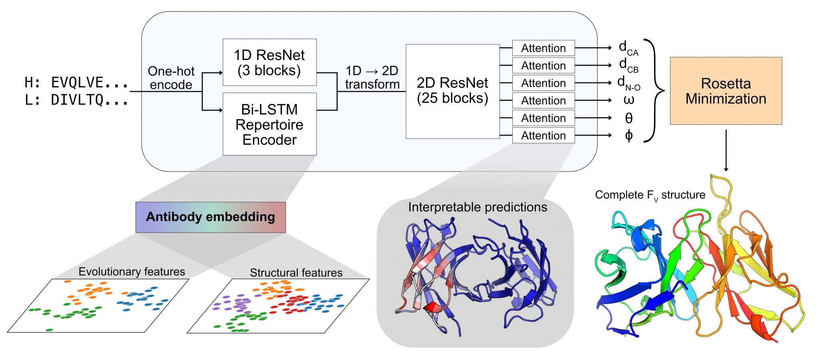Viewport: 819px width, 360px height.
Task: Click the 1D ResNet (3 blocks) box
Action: coord(269,62)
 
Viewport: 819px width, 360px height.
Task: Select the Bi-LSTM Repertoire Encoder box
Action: coord(269,124)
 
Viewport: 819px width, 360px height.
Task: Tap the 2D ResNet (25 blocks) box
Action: coord(452,91)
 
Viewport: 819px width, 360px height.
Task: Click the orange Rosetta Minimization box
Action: coord(725,91)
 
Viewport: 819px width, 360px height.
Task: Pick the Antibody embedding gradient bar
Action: coord(210,217)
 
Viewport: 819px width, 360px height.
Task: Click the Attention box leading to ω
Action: coord(543,100)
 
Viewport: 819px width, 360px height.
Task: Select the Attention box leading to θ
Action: coord(543,118)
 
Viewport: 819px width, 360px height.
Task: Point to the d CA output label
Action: coord(628,48)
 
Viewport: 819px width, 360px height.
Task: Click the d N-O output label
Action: coord(628,83)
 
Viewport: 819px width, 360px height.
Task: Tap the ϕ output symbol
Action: coord(629,136)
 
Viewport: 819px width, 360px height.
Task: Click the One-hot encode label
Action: coord(171,78)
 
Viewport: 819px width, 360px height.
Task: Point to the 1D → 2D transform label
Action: coord(372,78)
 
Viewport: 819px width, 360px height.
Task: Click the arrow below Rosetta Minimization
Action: coord(726,150)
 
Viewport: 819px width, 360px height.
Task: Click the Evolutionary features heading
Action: coord(132,272)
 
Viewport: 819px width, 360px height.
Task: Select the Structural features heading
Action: coord(296,273)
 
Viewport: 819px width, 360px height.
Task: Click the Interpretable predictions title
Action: coord(477,207)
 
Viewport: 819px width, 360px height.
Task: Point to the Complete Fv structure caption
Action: coord(650,195)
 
